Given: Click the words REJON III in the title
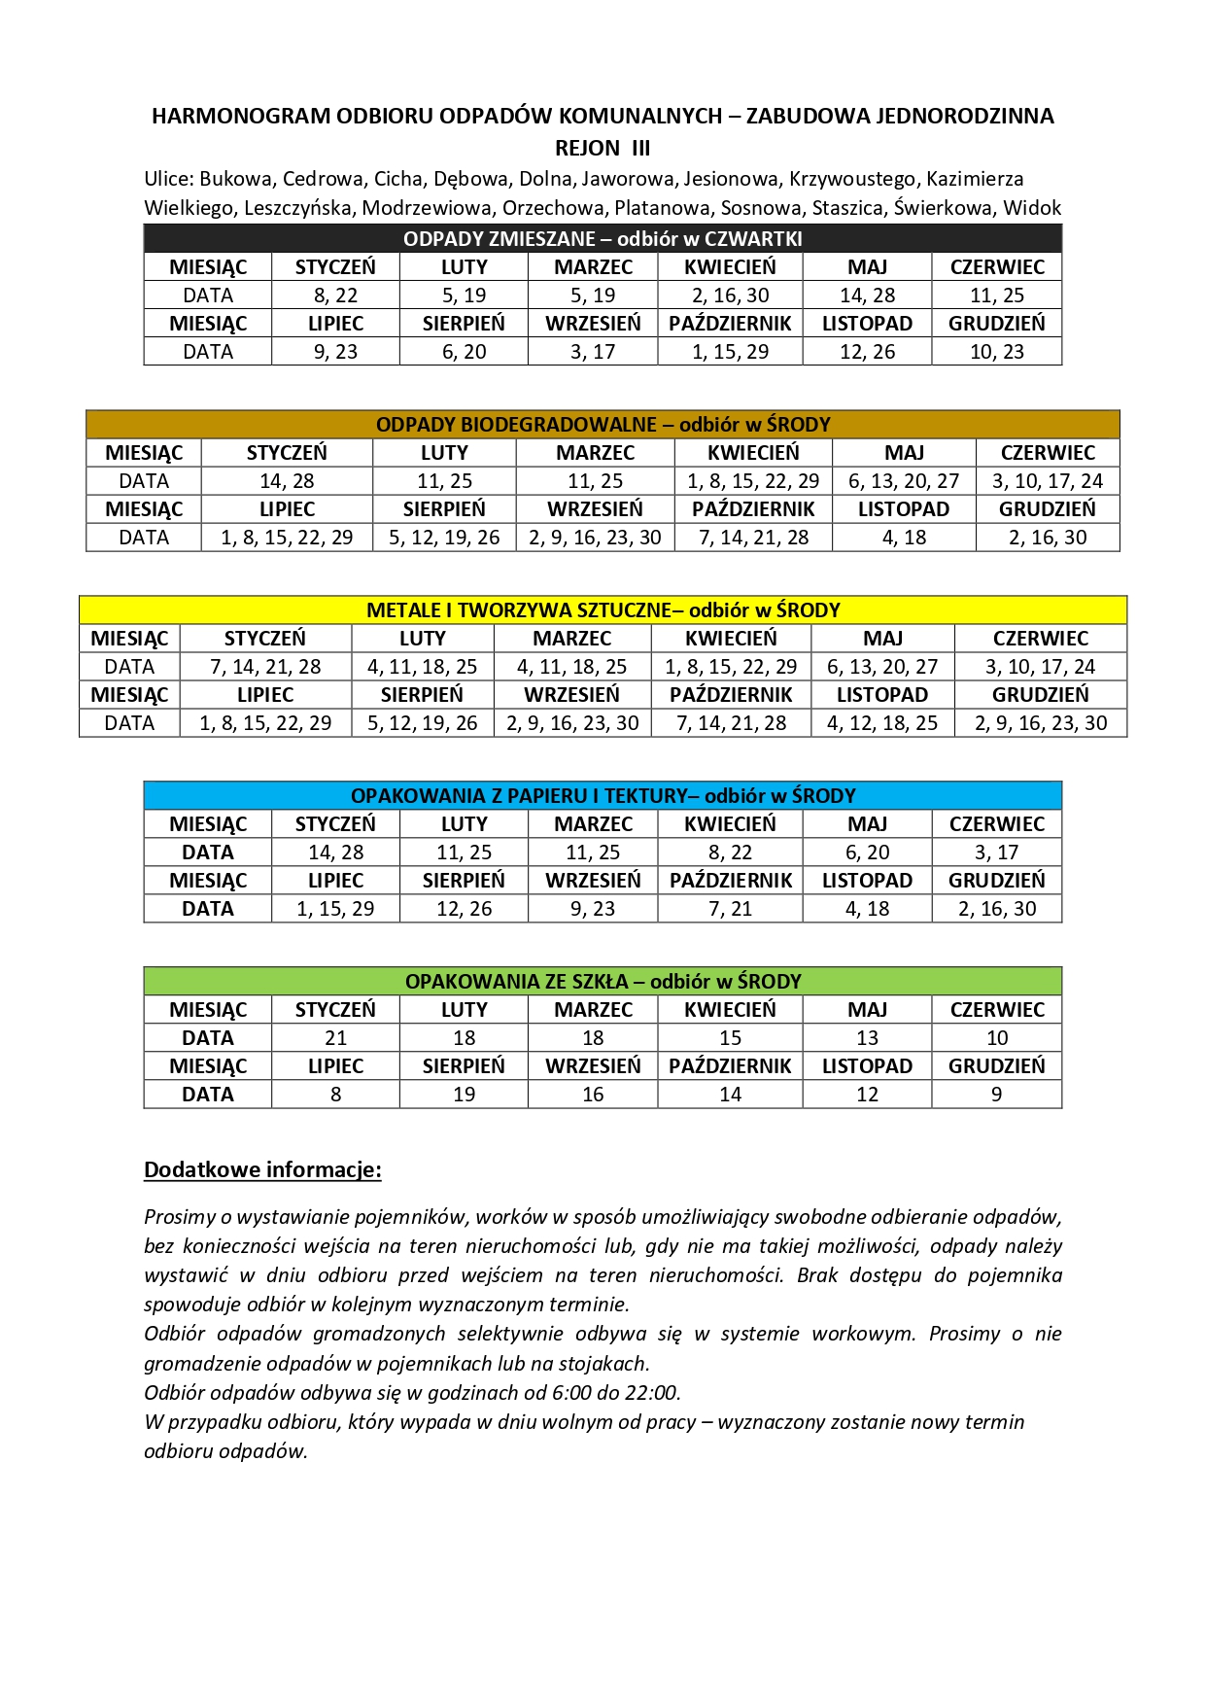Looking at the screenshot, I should pyautogui.click(x=603, y=148).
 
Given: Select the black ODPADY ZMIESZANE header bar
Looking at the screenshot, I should pyautogui.click(x=603, y=238).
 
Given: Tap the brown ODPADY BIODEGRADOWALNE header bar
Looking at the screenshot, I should pyautogui.click(x=603, y=424).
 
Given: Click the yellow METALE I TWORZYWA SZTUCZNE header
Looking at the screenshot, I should pyautogui.click(x=603, y=609).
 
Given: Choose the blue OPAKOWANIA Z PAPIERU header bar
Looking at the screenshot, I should pyautogui.click(x=603, y=795).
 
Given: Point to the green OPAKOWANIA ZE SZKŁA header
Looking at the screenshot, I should pyautogui.click(x=603, y=981).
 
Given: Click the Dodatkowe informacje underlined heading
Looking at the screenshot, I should pyautogui.click(x=262, y=1169).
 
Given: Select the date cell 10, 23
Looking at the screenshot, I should pyautogui.click(x=996, y=352).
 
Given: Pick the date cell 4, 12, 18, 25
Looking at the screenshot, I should pyautogui.click(x=882, y=723).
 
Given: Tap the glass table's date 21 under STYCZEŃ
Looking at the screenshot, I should pyautogui.click(x=335, y=1038).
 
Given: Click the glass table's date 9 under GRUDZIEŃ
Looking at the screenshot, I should pyautogui.click(x=996, y=1095).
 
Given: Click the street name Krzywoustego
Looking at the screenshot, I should pyautogui.click(x=852, y=179).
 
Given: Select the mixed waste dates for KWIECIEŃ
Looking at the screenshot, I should pyautogui.click(x=730, y=296).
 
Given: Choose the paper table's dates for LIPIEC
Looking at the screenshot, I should pyautogui.click(x=335, y=909).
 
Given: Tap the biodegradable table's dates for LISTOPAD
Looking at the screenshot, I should pyautogui.click(x=903, y=538).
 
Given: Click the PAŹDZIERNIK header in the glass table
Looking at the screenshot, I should pyautogui.click(x=730, y=1066).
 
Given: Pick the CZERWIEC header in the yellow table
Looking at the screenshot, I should pyautogui.click(x=1040, y=639).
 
